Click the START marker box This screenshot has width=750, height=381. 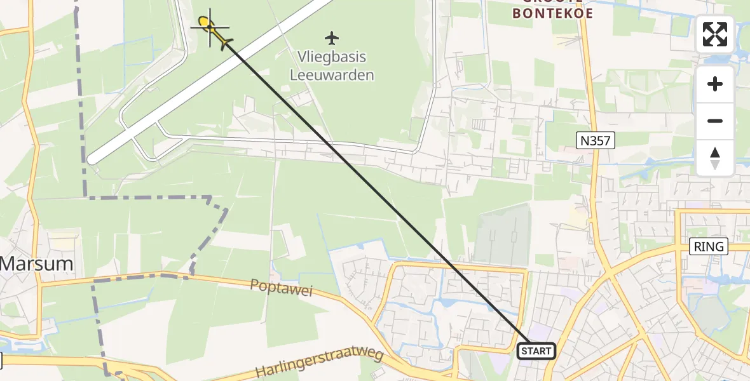(x=537, y=351)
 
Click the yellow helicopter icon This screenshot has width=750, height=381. (x=212, y=30)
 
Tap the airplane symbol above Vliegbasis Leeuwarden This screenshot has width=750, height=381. (x=331, y=38)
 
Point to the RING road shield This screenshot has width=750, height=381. (x=709, y=247)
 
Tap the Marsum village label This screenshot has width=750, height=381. (x=37, y=264)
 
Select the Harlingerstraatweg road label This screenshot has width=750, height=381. (x=320, y=363)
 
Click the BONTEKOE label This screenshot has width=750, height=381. (x=552, y=13)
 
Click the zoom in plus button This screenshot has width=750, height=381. (x=715, y=84)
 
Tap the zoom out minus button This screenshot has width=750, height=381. (x=715, y=121)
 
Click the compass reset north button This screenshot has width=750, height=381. (x=715, y=157)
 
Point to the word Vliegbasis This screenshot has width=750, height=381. (x=332, y=57)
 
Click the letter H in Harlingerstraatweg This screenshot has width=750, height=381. (x=259, y=373)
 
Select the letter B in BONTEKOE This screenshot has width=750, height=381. (x=517, y=13)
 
